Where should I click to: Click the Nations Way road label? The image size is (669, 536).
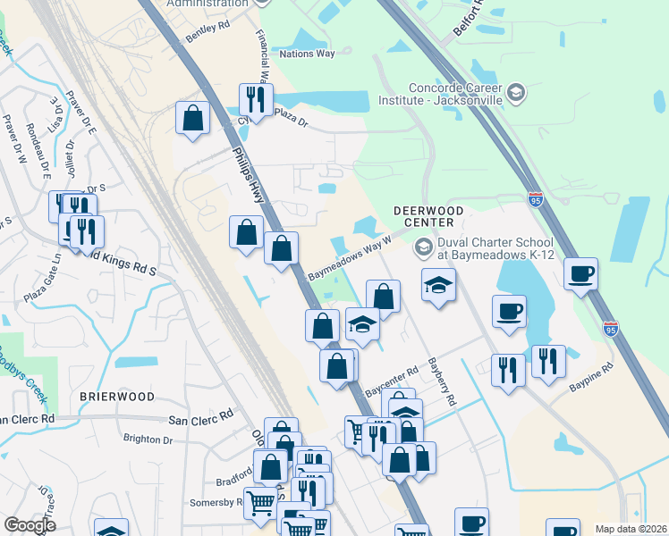(x=307, y=54)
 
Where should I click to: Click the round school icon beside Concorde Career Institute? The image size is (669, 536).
(x=516, y=92)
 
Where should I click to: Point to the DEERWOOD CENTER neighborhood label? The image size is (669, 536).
(x=429, y=216)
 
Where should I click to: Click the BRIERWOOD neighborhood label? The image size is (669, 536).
(x=116, y=396)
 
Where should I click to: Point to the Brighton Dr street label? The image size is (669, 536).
(x=148, y=440)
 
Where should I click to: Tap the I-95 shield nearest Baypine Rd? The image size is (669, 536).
(x=610, y=329)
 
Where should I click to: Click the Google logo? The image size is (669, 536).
(x=30, y=525)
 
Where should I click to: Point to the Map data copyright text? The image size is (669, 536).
(x=630, y=529)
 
